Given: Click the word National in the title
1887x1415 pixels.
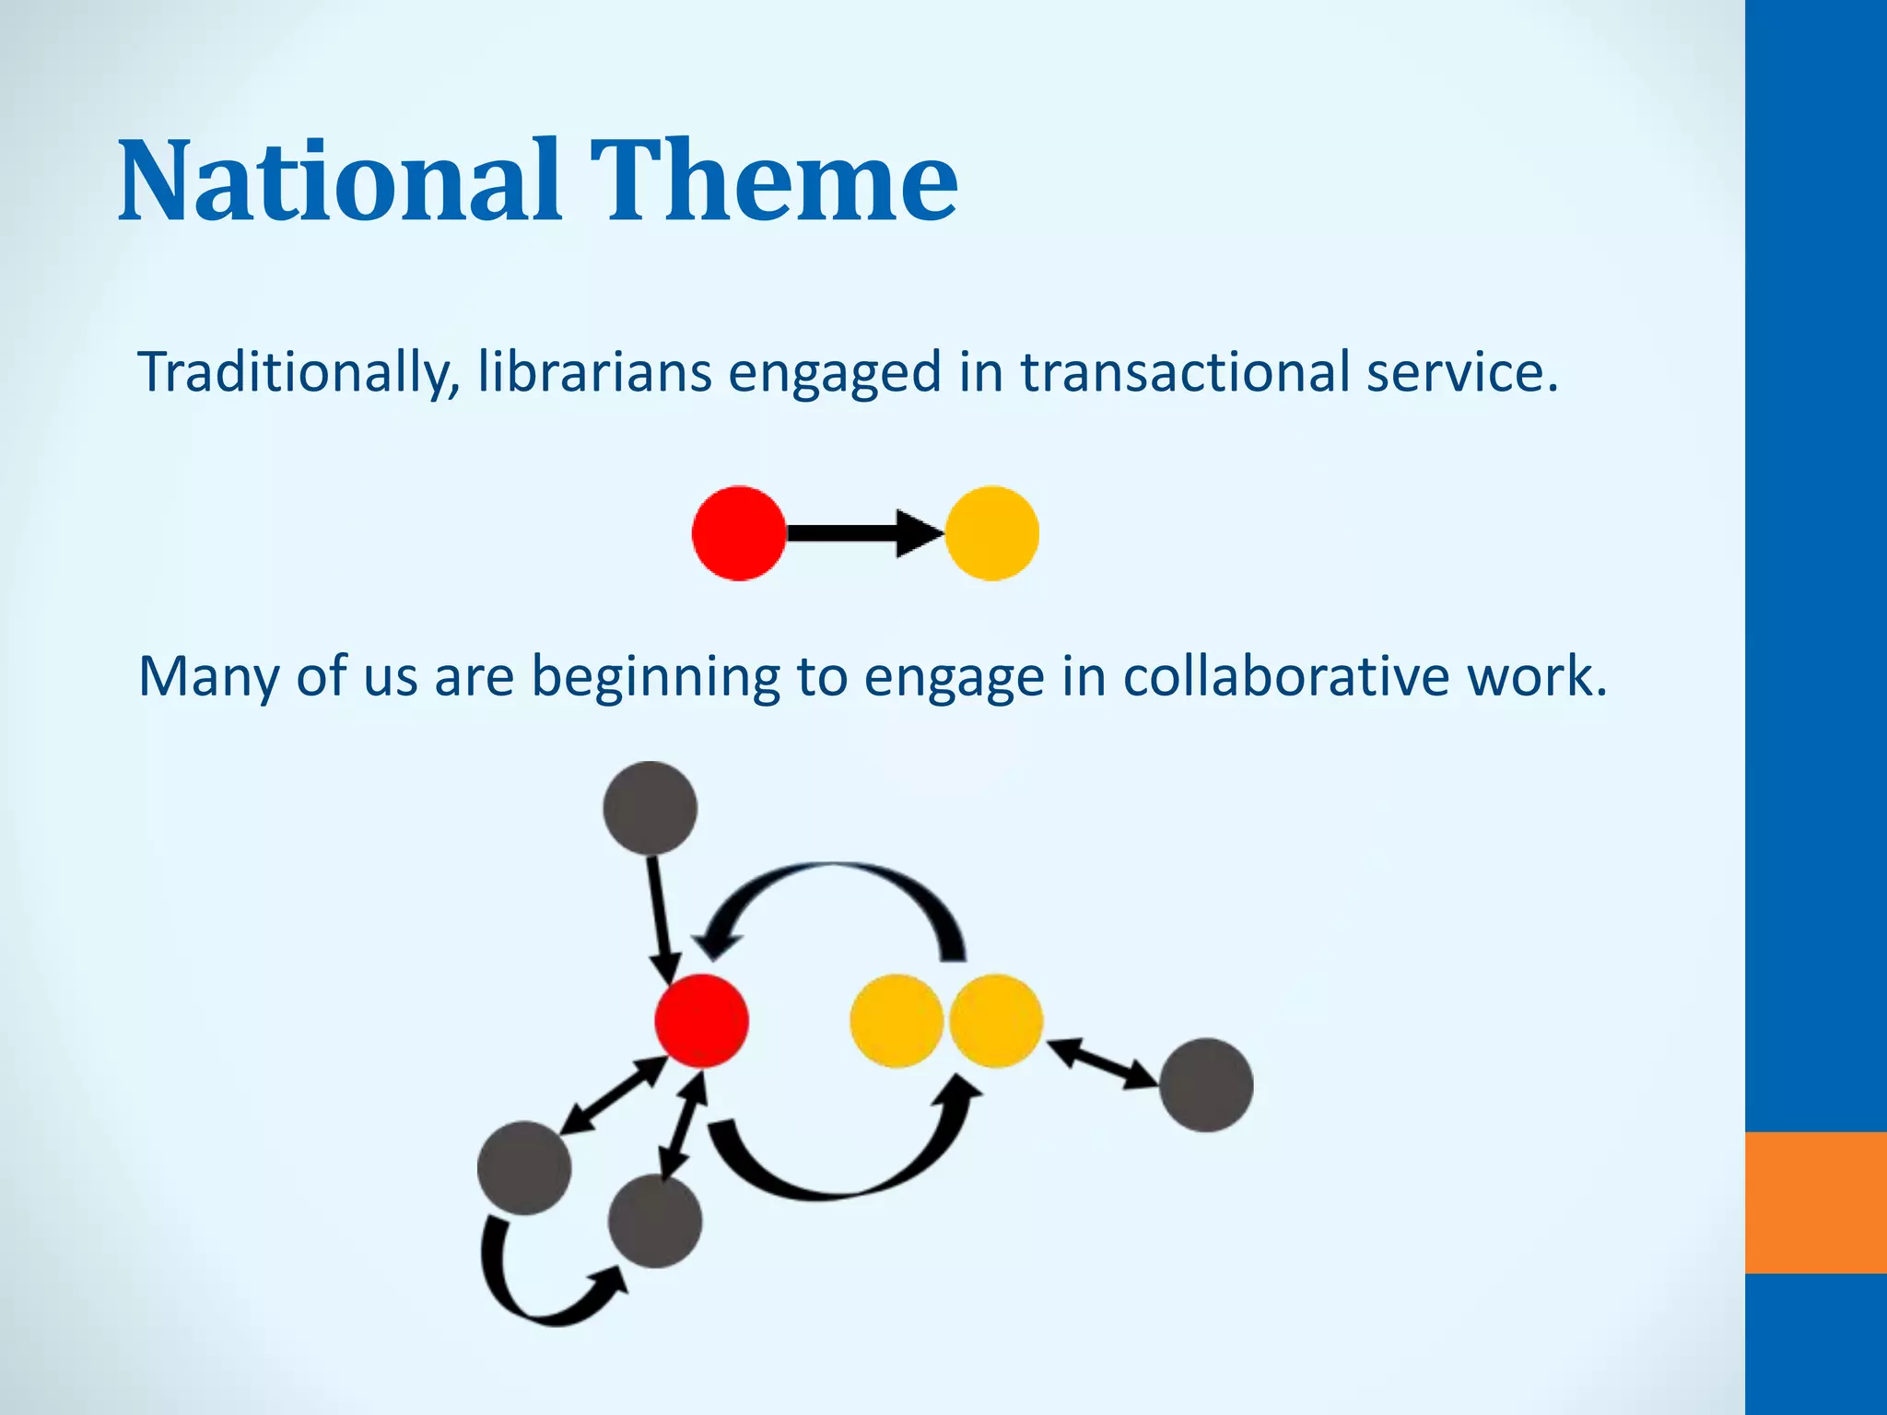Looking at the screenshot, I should click(339, 181).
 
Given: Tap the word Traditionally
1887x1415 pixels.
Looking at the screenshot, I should click(298, 373).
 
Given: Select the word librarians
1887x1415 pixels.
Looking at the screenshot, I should click(594, 373).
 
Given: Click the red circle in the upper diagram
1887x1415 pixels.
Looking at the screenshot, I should click(739, 533).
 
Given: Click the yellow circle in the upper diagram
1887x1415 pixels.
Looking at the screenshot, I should click(992, 533).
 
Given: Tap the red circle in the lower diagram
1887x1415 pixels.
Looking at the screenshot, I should click(701, 1021).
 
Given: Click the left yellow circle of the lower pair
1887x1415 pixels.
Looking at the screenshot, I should click(896, 1021).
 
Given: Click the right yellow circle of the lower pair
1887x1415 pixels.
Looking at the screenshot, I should click(996, 1021).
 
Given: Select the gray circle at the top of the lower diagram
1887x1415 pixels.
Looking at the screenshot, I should click(650, 808).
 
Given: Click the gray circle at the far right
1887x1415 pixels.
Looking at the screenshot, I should click(1205, 1085).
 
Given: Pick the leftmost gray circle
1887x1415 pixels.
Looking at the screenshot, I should click(524, 1167).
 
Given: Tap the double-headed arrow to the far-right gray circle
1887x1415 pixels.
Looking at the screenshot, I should click(1102, 1064).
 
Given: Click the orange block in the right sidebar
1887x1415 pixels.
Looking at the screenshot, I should click(1815, 1202).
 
